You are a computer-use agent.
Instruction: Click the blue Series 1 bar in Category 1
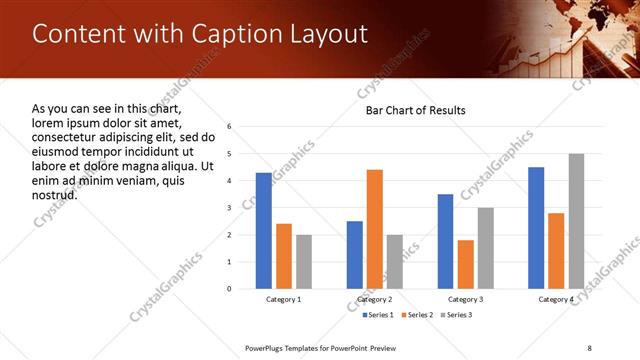[x=263, y=231]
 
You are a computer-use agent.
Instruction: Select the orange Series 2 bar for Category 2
[x=375, y=229]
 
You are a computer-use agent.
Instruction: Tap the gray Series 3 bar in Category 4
[x=576, y=221]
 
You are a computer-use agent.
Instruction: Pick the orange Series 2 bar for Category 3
[x=465, y=264]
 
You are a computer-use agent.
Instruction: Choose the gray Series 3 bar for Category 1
[x=304, y=262]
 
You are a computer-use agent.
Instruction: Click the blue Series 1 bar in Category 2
[x=355, y=255]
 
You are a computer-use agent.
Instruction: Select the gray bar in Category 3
[x=485, y=248]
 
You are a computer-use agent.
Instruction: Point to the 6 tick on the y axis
[x=230, y=127]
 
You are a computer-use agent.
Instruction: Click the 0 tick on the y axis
[x=230, y=289]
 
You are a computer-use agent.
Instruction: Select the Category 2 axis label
[x=375, y=299]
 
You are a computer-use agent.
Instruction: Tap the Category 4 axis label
[x=556, y=299]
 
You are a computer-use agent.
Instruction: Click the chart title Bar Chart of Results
[x=415, y=109]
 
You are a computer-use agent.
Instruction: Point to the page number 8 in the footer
[x=589, y=348]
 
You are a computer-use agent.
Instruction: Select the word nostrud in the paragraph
[x=55, y=194]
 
